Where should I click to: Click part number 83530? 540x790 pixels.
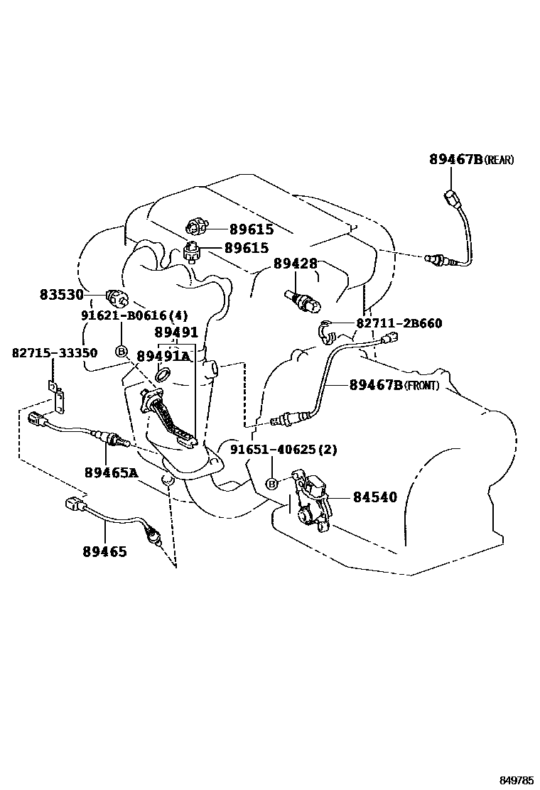61,295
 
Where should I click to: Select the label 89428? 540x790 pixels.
295,264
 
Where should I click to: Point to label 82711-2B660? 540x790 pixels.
399,324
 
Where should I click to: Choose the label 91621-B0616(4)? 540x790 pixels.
125,315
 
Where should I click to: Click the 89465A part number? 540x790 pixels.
110,471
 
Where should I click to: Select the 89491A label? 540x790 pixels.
163,356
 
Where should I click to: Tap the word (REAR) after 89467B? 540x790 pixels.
499,161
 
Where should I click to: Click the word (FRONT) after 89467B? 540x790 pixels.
422,386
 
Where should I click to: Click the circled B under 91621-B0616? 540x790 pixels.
121,351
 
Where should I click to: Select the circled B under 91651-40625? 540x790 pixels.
271,484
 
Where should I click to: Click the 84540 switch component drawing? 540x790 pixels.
313,499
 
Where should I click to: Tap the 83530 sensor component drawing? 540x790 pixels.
114,296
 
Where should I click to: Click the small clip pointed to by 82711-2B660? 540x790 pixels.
325,330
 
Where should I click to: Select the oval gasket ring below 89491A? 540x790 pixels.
161,375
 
